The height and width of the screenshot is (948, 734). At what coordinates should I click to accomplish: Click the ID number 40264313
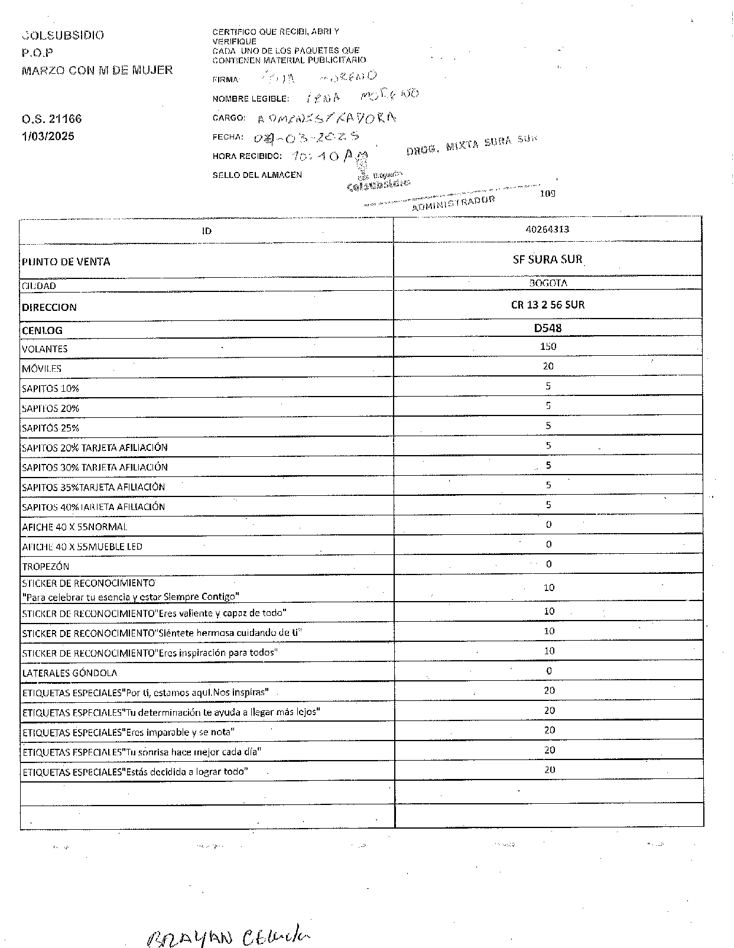547,229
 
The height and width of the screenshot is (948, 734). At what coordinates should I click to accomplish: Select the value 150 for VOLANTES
548,346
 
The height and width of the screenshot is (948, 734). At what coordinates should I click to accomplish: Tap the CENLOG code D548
548,328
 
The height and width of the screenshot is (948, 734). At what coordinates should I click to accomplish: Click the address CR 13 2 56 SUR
548,305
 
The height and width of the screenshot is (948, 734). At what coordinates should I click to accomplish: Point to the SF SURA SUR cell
548,259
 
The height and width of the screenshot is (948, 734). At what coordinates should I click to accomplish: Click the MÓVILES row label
41,369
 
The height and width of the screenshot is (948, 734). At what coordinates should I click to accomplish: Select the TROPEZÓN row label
46,566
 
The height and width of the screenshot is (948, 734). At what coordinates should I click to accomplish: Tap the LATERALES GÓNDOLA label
69,673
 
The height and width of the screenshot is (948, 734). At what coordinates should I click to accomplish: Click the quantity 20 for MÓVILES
548,366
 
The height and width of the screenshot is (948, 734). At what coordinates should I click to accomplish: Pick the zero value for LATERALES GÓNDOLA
549,671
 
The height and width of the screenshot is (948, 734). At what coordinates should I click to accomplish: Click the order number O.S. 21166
51,119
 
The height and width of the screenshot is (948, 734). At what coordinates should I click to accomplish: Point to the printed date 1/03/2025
48,137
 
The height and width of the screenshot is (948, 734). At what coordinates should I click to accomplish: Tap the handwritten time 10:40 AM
330,157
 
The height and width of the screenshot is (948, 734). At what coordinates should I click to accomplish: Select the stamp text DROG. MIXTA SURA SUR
472,145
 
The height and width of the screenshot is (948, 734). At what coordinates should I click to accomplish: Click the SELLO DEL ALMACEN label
257,175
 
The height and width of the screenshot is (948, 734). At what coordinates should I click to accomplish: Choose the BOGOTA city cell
548,283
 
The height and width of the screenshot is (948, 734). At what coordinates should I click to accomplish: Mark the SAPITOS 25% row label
50,428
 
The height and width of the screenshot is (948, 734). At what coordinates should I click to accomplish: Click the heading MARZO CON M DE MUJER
97,70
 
